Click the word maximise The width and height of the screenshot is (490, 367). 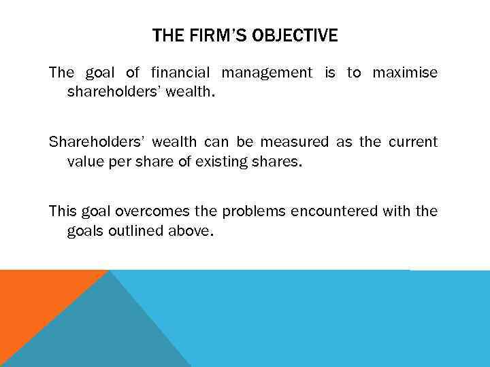(404, 73)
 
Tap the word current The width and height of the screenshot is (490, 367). (413, 141)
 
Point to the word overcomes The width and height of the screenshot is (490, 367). (144, 211)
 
